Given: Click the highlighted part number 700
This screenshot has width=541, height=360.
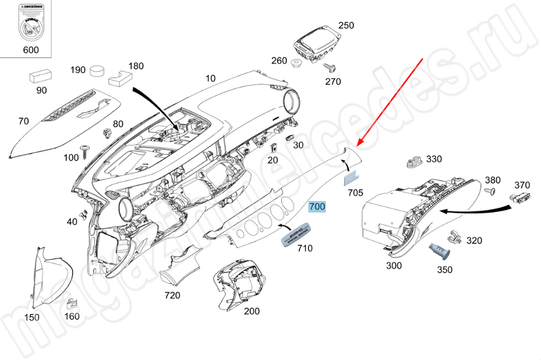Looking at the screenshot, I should [x=316, y=207].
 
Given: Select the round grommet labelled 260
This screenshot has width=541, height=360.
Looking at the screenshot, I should [x=296, y=64].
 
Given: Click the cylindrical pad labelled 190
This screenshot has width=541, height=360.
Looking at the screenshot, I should [x=97, y=71].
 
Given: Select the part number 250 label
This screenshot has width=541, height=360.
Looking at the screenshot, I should [x=346, y=25].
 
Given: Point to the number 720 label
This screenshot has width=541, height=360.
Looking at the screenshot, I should [x=172, y=295].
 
